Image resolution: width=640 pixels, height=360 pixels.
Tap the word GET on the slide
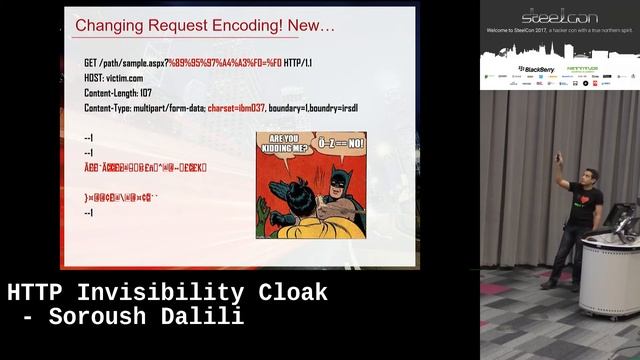tap(92, 63)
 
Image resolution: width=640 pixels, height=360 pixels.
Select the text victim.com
tap(127, 77)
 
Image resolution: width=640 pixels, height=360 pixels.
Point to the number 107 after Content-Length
tap(145, 92)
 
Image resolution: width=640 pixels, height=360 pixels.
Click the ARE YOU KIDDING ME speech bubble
tap(280, 147)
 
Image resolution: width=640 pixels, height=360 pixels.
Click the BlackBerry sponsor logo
tap(536, 69)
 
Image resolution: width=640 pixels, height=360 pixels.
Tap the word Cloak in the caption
tap(291, 294)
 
